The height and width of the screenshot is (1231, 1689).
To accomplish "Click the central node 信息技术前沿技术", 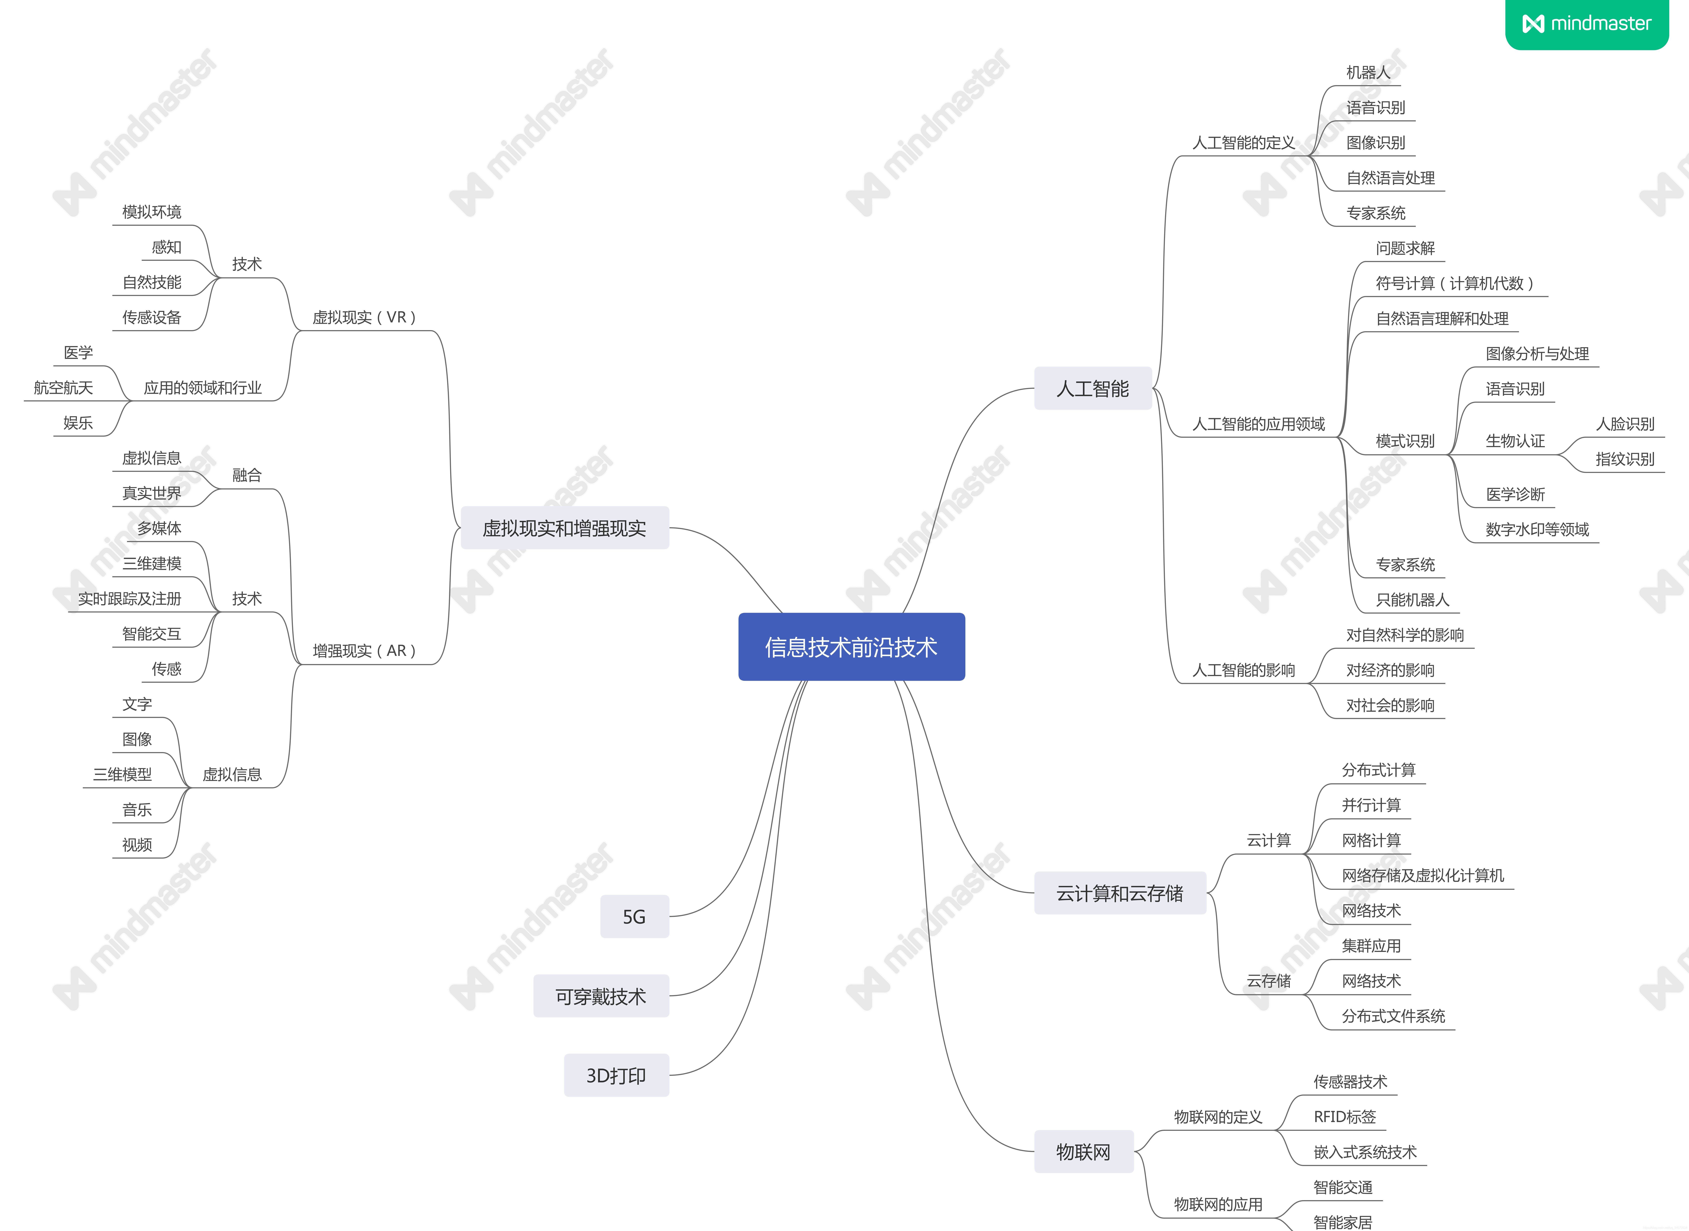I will pyautogui.click(x=851, y=647).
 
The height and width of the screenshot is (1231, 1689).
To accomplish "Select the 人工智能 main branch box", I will pyautogui.click(x=1093, y=388).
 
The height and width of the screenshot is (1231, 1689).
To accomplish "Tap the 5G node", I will pyautogui.click(x=635, y=916).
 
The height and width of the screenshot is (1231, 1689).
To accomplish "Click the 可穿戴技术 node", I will pyautogui.click(x=601, y=996).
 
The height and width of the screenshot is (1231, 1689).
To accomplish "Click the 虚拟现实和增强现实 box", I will pyautogui.click(x=565, y=528).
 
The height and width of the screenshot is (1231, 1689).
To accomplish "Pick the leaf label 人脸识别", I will pyautogui.click(x=1625, y=424).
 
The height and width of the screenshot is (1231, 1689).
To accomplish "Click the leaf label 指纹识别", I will pyautogui.click(x=1625, y=459).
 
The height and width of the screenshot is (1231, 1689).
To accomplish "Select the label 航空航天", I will pyautogui.click(x=64, y=387).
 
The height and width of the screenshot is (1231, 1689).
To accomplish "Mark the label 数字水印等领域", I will pyautogui.click(x=1537, y=529).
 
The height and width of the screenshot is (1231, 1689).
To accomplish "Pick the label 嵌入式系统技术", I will pyautogui.click(x=1365, y=1152).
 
